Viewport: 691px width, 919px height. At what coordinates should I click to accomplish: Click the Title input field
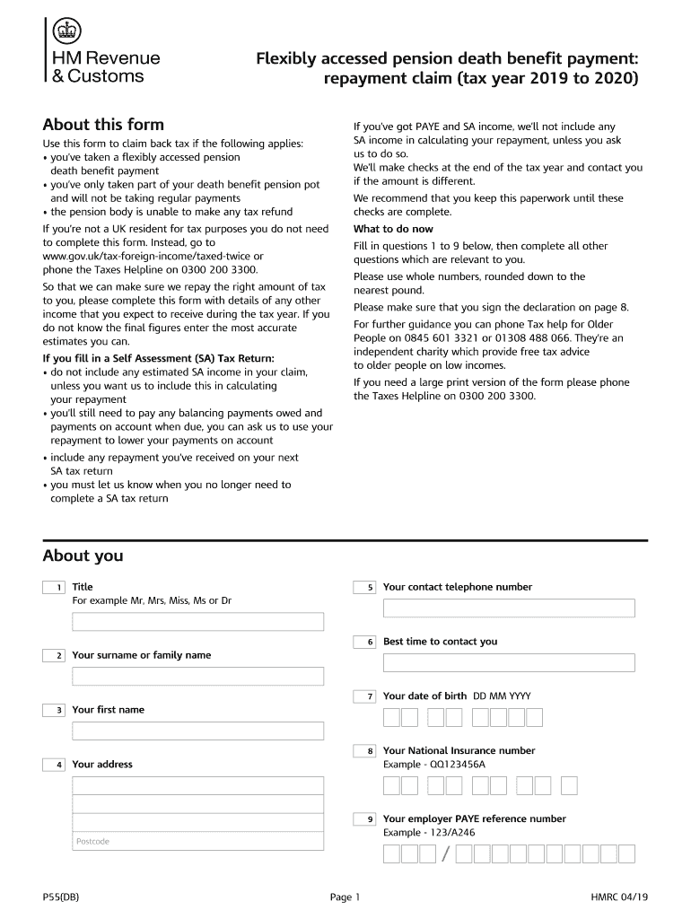(197, 622)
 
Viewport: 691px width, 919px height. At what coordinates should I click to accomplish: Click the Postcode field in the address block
(197, 841)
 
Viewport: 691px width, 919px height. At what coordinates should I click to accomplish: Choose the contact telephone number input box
(509, 608)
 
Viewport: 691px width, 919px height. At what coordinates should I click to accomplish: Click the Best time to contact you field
(509, 663)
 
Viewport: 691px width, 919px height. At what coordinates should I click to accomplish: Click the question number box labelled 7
(364, 696)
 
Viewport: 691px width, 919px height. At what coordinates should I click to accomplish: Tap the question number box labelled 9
(364, 819)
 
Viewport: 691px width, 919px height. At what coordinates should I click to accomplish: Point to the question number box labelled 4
(53, 765)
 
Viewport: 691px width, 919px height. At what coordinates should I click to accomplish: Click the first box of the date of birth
(391, 717)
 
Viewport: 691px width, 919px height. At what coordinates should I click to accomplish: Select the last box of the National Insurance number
(569, 786)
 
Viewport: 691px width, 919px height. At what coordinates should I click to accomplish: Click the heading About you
(83, 556)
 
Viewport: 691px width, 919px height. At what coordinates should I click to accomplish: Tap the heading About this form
(103, 125)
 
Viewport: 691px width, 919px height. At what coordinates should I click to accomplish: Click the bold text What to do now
(393, 229)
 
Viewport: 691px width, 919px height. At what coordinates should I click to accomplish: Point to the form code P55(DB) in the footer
(61, 897)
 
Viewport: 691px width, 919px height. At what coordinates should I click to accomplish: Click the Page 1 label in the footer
(345, 897)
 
